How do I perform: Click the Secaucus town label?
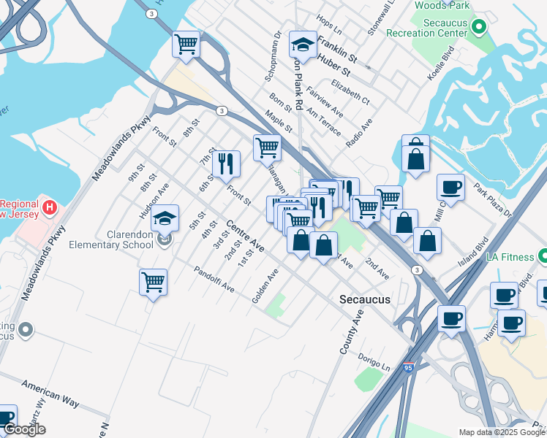(365, 299)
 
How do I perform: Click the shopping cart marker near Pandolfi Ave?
(153, 282)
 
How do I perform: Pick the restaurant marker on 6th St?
(226, 164)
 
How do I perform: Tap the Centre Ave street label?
(244, 236)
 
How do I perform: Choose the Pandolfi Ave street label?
(214, 280)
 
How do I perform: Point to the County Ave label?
(352, 331)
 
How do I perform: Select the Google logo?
(25, 430)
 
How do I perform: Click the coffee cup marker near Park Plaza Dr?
(450, 188)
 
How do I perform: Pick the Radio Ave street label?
(359, 132)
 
